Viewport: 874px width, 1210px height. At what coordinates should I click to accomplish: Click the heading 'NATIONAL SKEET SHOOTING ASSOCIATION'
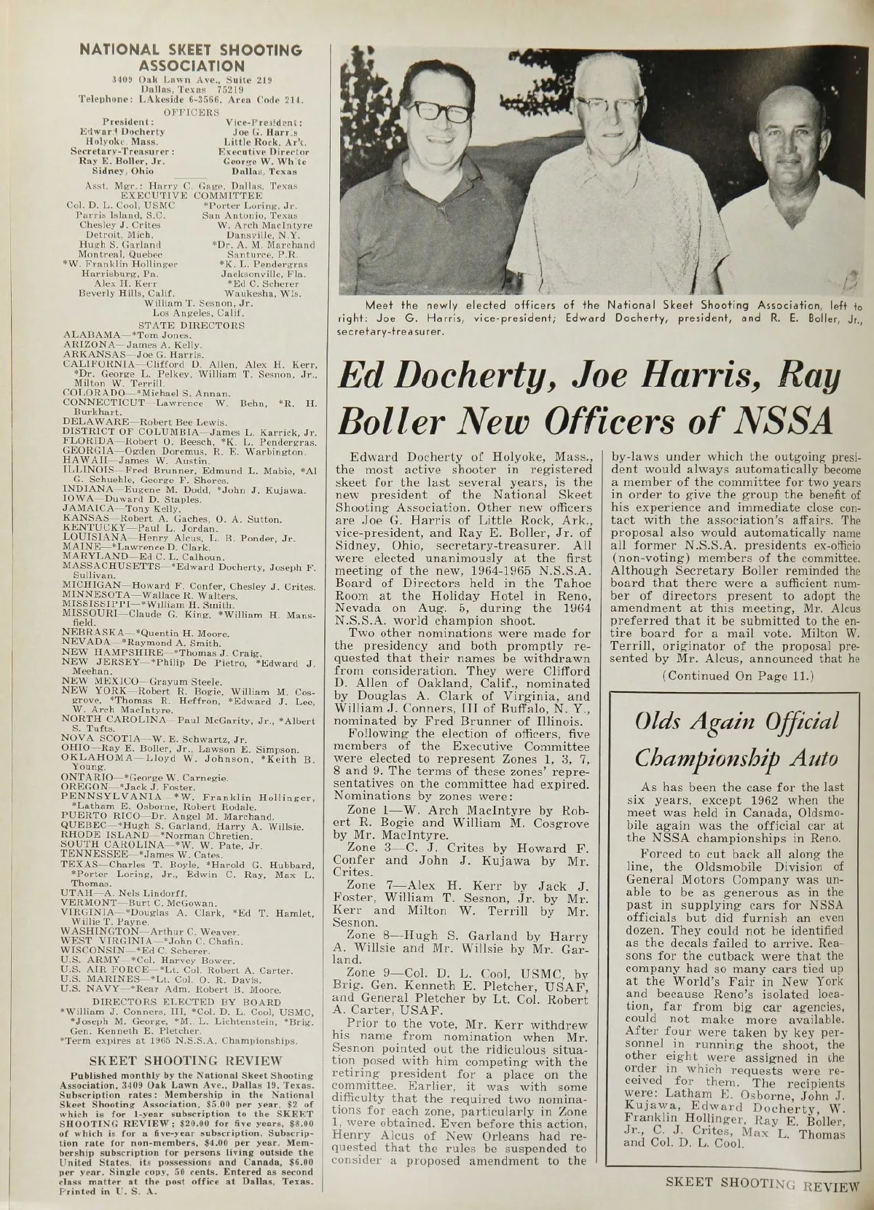[x=189, y=57]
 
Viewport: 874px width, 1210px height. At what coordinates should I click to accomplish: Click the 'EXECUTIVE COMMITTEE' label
[x=191, y=195]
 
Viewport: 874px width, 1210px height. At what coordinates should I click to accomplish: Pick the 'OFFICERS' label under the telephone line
[x=191, y=111]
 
